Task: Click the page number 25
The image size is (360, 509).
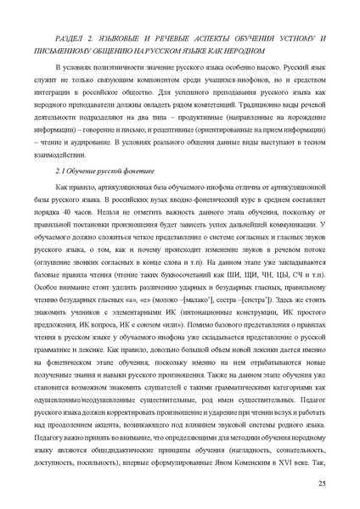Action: pyautogui.click(x=322, y=483)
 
